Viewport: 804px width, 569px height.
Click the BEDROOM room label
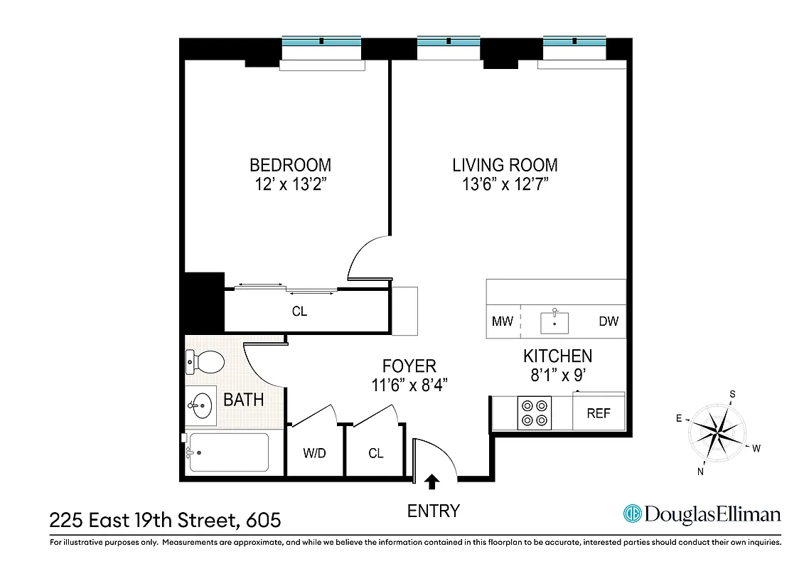pos(290,165)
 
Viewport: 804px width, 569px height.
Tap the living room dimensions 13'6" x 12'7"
pos(505,185)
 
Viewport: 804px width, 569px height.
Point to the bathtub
pos(228,452)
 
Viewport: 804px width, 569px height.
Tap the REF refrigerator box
pos(599,413)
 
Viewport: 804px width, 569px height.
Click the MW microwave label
pos(503,321)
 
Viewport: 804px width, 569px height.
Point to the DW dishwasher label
pos(609,321)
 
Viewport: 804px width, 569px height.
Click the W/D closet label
pos(314,453)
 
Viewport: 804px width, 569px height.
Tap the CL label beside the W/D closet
pos(376,453)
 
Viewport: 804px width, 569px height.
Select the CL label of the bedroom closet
pos(300,312)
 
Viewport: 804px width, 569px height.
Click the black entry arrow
pos(432,482)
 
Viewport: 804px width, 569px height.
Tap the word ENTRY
pos(434,511)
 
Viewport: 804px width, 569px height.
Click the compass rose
pos(717,431)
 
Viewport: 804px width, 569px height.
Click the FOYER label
pos(409,366)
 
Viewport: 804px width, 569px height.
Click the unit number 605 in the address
pos(263,521)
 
